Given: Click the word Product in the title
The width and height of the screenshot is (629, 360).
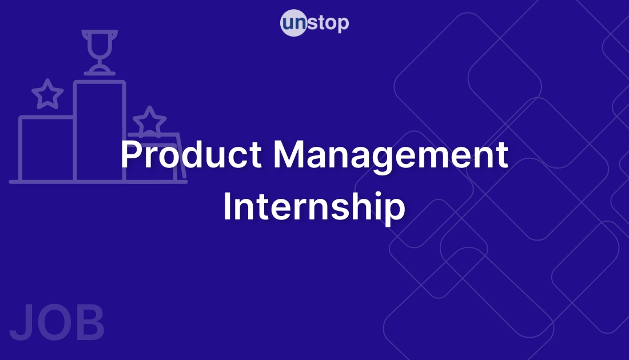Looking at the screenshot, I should click(x=192, y=155).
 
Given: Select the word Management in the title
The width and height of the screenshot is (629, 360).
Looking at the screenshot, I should click(x=391, y=155).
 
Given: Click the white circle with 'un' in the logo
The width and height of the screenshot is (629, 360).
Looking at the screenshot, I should click(x=293, y=24).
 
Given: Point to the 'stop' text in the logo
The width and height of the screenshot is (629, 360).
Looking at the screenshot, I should click(x=328, y=24).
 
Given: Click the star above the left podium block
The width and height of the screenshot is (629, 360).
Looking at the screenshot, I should click(x=47, y=94).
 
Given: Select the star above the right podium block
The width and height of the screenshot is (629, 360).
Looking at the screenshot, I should click(x=150, y=121).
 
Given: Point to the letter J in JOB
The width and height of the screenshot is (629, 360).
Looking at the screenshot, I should click(x=22, y=324).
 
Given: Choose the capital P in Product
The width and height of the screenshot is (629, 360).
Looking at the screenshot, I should click(x=131, y=155).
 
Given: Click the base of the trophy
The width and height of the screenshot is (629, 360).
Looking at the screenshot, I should click(x=99, y=71).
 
